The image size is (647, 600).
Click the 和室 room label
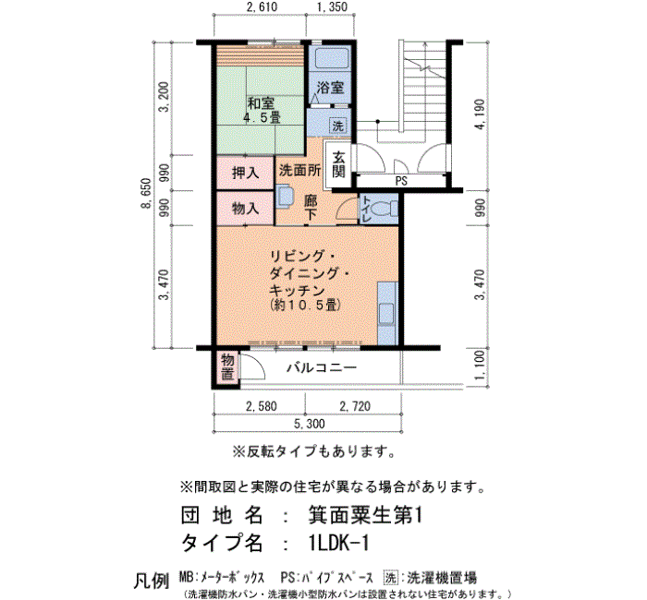[x=261, y=103]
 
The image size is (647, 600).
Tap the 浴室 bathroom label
[x=330, y=88]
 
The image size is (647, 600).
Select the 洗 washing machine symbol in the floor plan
[x=338, y=126]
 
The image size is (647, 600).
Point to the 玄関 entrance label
[x=338, y=164]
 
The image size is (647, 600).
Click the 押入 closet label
[x=245, y=173]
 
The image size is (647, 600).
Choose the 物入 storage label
[x=245, y=209]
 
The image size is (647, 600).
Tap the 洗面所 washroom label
[x=299, y=170]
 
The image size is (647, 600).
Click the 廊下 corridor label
[x=311, y=208]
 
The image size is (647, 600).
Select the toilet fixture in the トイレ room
[x=387, y=210]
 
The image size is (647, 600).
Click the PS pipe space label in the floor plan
[x=401, y=181]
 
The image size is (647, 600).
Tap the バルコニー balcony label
[x=322, y=367]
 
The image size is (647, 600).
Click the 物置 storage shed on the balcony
[x=227, y=367]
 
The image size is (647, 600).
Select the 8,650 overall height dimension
[x=146, y=194]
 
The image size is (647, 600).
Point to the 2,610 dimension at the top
[x=262, y=7]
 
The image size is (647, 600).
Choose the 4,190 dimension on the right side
[x=480, y=114]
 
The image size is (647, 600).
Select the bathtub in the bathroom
[x=330, y=58]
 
